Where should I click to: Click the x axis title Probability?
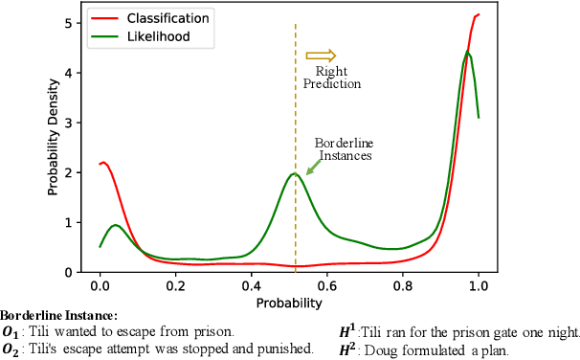[x=288, y=303]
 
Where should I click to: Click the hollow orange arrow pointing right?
[x=327, y=56]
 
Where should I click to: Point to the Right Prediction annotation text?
[x=331, y=77]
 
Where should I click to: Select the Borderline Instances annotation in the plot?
[x=342, y=150]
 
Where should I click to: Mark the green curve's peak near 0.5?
[x=295, y=173]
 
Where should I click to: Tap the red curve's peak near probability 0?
[x=103, y=163]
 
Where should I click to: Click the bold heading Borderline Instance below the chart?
[x=59, y=315]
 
